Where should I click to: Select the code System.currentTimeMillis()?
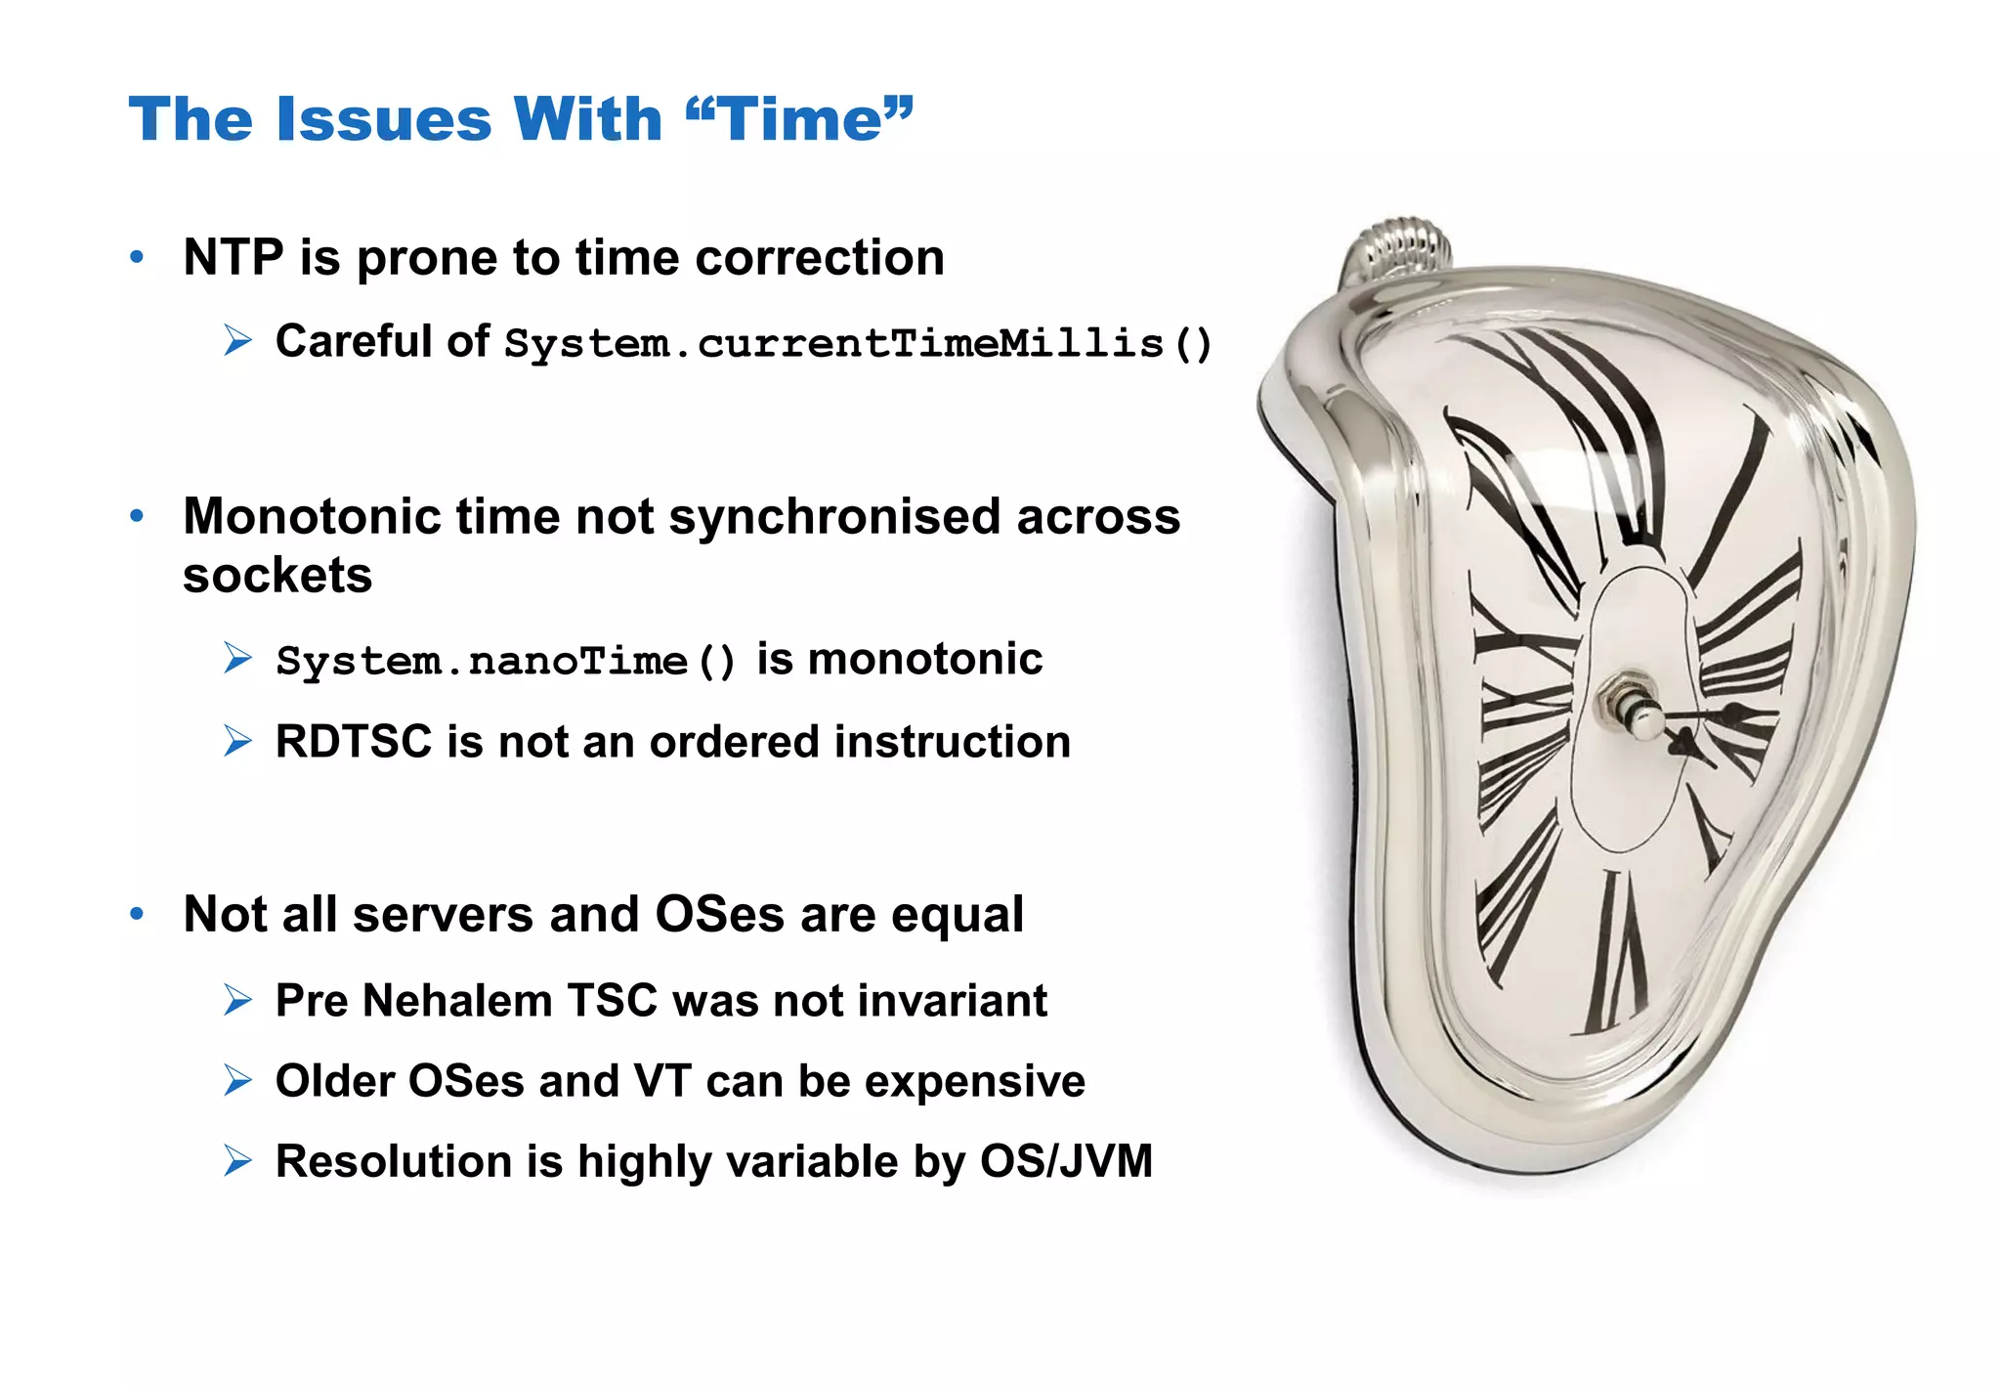[x=858, y=343]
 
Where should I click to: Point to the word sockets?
[x=277, y=576]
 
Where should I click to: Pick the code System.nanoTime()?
[x=505, y=661]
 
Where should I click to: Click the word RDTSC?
[x=353, y=742]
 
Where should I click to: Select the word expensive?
[x=974, y=1082]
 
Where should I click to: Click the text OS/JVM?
[x=1066, y=1162]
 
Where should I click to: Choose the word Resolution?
[x=394, y=1162]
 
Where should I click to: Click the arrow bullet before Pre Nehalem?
[x=237, y=1000]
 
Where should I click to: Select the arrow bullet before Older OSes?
[x=237, y=1081]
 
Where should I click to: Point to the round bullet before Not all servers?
[x=137, y=915]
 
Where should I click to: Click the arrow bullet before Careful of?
[x=237, y=341]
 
